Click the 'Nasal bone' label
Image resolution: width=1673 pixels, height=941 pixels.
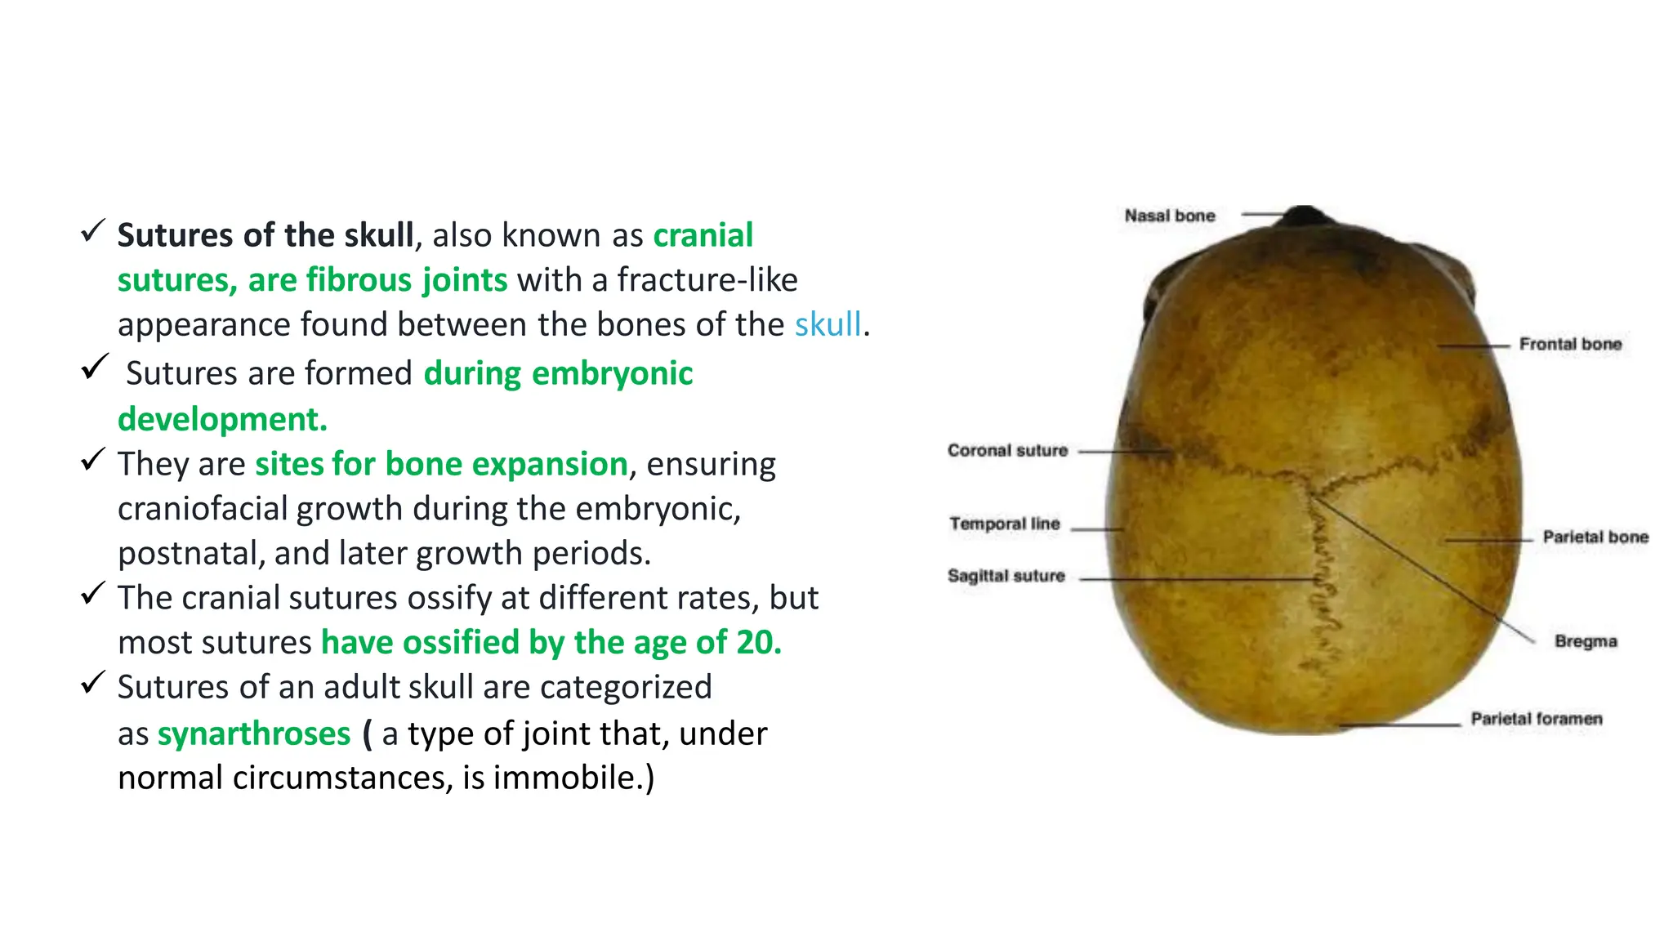click(x=1169, y=216)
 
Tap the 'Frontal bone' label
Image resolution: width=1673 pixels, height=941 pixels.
click(x=1570, y=344)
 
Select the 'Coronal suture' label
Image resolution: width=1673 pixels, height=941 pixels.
click(x=1007, y=450)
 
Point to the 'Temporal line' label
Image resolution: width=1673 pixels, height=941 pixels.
click(x=1004, y=524)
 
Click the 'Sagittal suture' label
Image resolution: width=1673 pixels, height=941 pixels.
click(x=1006, y=576)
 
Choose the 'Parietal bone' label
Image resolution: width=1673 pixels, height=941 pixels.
click(x=1595, y=537)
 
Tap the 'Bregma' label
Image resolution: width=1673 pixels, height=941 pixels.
click(x=1585, y=641)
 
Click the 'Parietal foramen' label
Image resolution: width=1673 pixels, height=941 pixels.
click(x=1536, y=719)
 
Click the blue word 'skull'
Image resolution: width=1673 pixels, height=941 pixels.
click(x=828, y=324)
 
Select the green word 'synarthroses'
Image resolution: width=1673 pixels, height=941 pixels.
click(x=254, y=734)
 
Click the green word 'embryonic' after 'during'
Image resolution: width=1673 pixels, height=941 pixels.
click(x=612, y=373)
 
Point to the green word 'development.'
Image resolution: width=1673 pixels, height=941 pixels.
click(x=222, y=419)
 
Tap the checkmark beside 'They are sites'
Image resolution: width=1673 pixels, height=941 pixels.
click(x=93, y=459)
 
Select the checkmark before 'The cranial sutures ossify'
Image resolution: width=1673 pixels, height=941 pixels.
click(x=93, y=593)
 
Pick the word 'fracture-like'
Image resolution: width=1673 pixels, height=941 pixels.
click(x=707, y=280)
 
